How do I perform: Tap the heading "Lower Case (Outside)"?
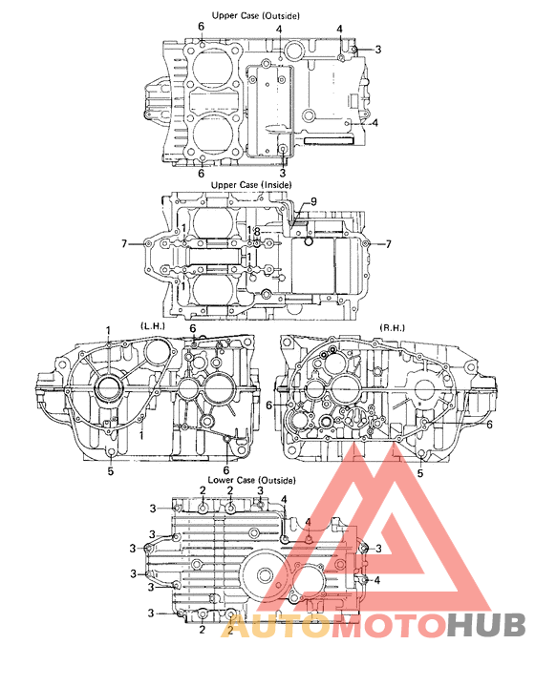coord(252,479)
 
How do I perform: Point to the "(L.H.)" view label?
coord(154,327)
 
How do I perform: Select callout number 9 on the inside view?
coord(312,201)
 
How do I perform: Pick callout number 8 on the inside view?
coord(257,231)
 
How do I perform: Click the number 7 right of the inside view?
coord(389,245)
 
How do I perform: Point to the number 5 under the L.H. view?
coord(110,470)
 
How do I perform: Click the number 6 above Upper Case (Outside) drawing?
coord(201,26)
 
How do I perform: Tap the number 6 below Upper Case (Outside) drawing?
coord(201,174)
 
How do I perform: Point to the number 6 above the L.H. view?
coord(192,328)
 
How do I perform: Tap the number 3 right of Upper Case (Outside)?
coord(377,49)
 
